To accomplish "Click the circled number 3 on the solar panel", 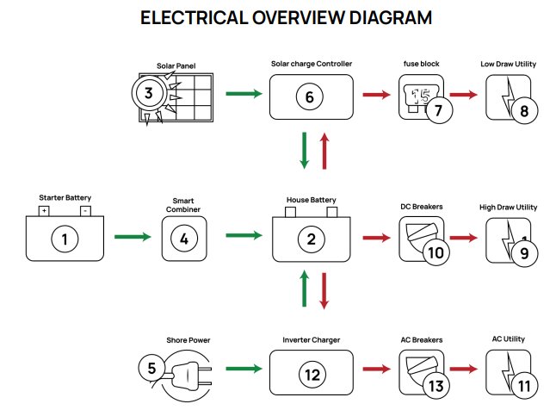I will coord(149,93).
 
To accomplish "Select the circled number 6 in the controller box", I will coord(310,96).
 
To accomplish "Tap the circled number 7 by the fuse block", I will coord(439,111).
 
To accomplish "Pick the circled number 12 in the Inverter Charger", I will coord(310,375).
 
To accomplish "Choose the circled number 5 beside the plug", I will coord(151,368).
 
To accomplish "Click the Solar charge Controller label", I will coord(311,64).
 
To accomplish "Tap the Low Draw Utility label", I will coord(508,64).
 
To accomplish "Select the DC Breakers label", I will coord(422,207).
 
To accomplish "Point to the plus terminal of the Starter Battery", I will coord(44,210).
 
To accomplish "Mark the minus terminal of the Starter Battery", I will coord(85,210).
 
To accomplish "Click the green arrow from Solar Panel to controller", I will coord(245,94).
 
